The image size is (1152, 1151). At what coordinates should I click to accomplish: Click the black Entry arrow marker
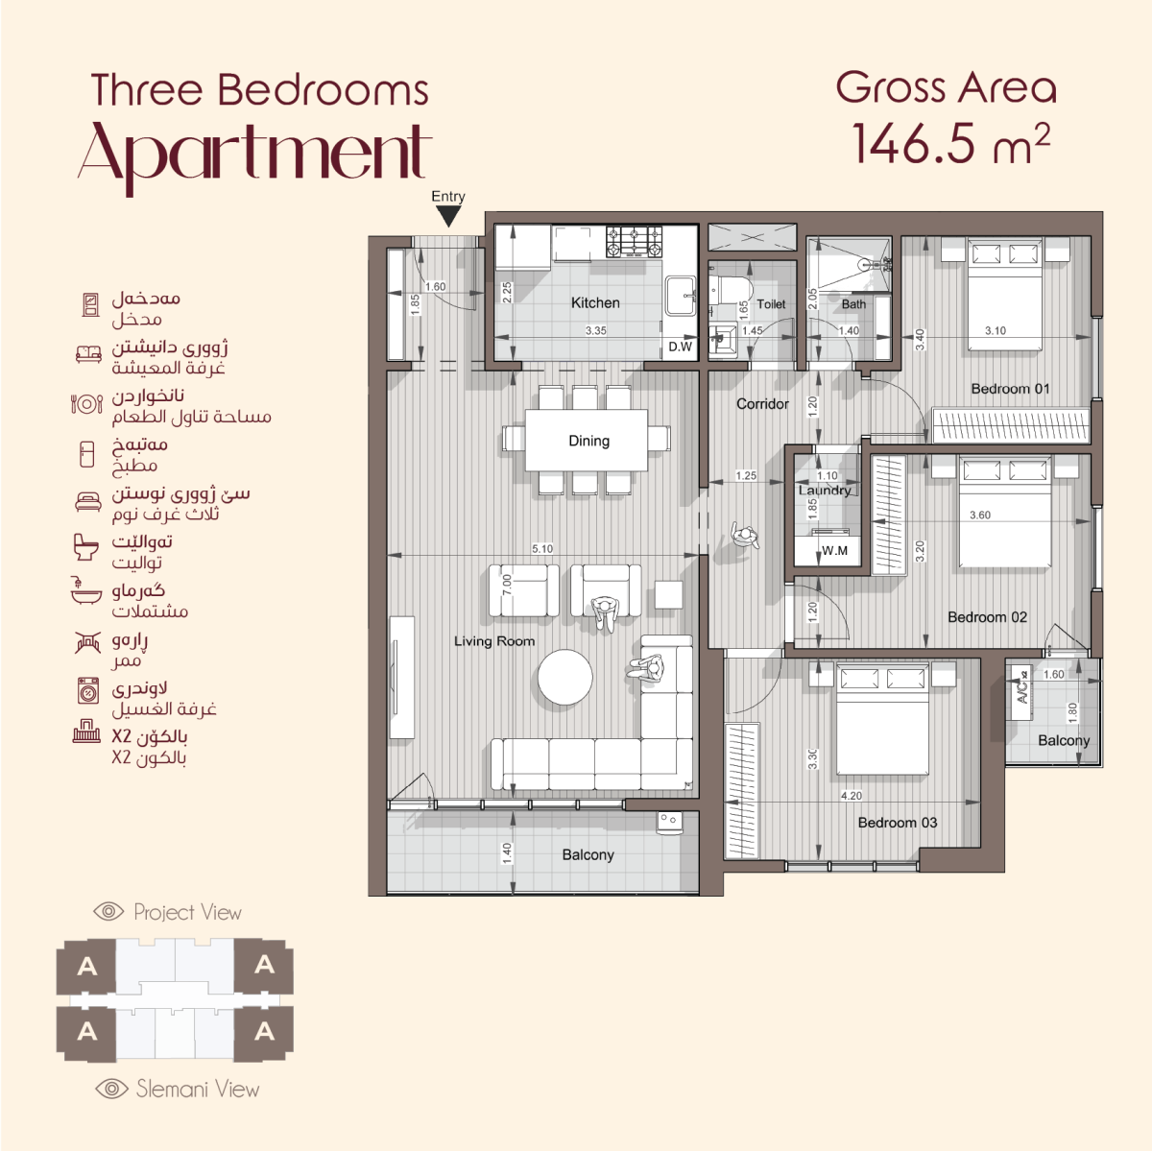click(448, 216)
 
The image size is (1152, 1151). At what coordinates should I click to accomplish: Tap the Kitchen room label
click(595, 302)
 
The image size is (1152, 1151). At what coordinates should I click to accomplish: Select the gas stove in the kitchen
click(635, 242)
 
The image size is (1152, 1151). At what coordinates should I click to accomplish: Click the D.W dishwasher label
click(680, 347)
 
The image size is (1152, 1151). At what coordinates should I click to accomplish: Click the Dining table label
click(588, 441)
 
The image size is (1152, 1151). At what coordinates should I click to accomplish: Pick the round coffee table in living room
click(564, 678)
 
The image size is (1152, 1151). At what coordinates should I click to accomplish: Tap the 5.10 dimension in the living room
click(542, 548)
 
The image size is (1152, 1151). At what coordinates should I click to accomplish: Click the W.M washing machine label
click(834, 551)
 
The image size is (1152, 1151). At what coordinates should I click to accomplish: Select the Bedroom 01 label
click(1010, 389)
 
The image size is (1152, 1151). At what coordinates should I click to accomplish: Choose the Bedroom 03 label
click(898, 823)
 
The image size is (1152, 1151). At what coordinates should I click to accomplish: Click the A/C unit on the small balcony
click(1021, 692)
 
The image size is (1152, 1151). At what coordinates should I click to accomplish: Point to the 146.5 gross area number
click(915, 143)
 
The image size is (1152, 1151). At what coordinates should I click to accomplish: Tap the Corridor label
click(762, 404)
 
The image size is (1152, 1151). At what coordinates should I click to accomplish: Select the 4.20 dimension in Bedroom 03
click(852, 796)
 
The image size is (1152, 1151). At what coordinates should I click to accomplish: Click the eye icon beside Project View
click(108, 911)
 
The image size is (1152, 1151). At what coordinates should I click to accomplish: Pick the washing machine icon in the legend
click(88, 690)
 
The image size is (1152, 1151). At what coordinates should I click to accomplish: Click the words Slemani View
click(198, 1089)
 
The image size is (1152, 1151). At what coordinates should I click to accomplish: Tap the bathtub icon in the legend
click(85, 590)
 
